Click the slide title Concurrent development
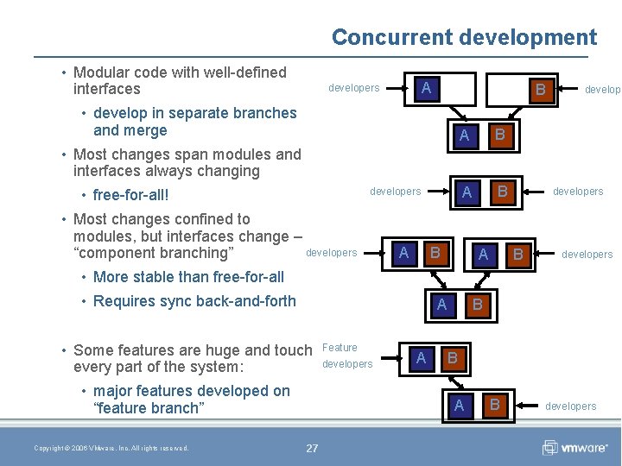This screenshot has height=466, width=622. (x=464, y=37)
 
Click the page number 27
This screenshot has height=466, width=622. (x=312, y=448)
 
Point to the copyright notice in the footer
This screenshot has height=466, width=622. (x=111, y=448)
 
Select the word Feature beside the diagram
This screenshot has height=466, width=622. (x=340, y=348)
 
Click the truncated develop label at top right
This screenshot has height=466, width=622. (x=602, y=89)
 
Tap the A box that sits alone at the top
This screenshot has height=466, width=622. (x=425, y=88)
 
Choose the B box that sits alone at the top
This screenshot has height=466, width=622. (x=540, y=89)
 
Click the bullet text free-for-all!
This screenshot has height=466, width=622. (x=130, y=195)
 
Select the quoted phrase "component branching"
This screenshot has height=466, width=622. (x=154, y=253)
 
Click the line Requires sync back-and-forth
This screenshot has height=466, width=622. (x=194, y=301)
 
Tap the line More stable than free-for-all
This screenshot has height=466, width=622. (x=187, y=277)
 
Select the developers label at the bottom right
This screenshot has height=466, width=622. (x=570, y=406)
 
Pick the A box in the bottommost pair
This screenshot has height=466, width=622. (x=459, y=405)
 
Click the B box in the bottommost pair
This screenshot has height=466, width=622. (x=495, y=405)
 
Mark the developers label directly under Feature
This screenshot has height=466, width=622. (x=347, y=364)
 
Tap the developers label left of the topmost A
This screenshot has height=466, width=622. (x=353, y=88)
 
